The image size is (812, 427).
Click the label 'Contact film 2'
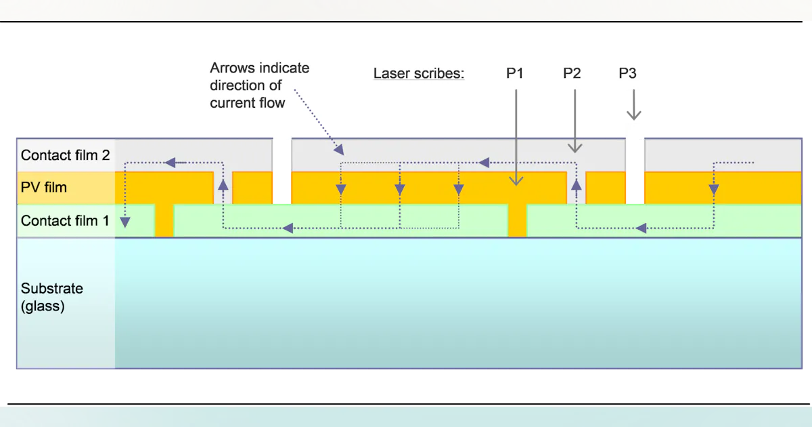click(65, 155)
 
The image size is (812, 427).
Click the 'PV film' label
click(43, 187)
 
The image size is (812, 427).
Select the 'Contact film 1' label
click(65, 221)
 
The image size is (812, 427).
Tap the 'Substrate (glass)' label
click(52, 297)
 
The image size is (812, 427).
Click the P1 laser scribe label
click(515, 73)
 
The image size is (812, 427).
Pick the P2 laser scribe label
click(572, 73)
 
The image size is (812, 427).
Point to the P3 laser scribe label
click(627, 73)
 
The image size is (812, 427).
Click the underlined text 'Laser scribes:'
click(419, 73)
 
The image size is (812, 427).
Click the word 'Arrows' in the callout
click(231, 68)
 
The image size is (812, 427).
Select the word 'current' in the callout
click(231, 103)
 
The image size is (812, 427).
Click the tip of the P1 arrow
click(516, 183)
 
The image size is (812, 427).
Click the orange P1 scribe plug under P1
click(517, 221)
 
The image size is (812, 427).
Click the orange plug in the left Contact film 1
click(164, 221)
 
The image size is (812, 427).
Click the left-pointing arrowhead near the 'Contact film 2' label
click(171, 163)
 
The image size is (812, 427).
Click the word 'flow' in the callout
click(271, 103)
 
